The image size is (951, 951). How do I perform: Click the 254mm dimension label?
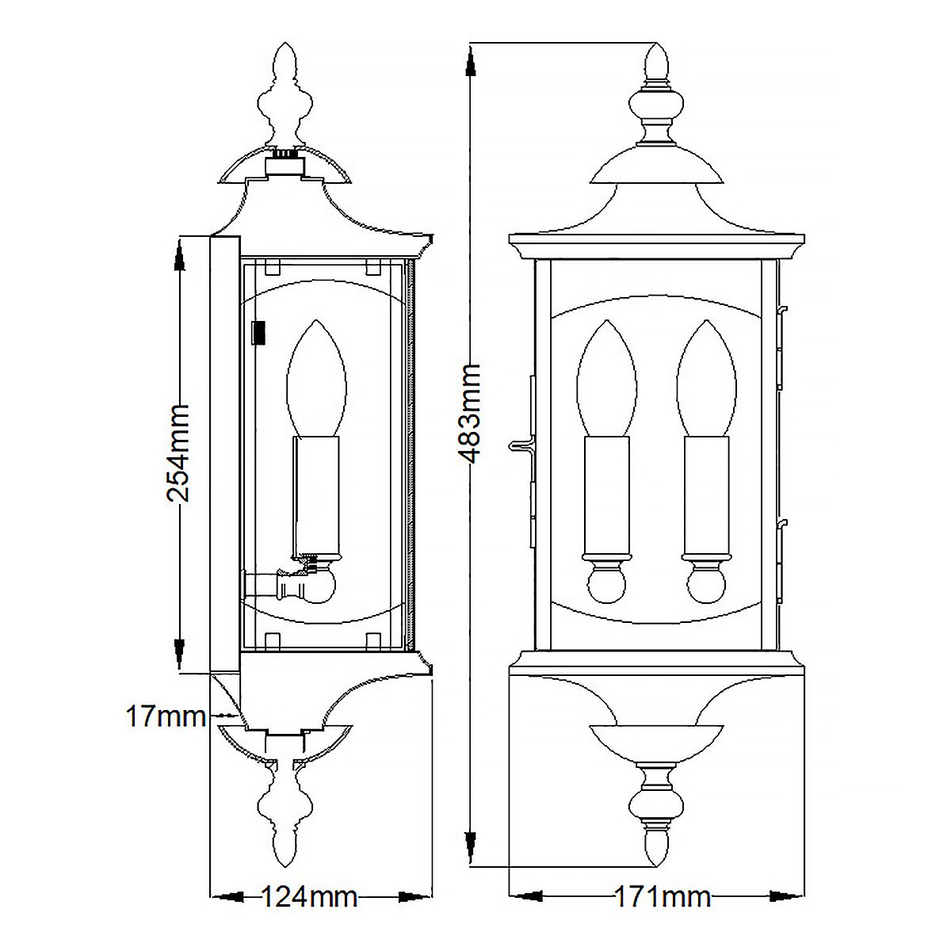tap(178, 453)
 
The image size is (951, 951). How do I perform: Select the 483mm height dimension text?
tap(471, 414)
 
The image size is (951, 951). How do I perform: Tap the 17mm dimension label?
tap(165, 717)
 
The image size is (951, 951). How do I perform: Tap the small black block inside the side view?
tap(259, 333)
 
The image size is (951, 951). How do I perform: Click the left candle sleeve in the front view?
tap(607, 495)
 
